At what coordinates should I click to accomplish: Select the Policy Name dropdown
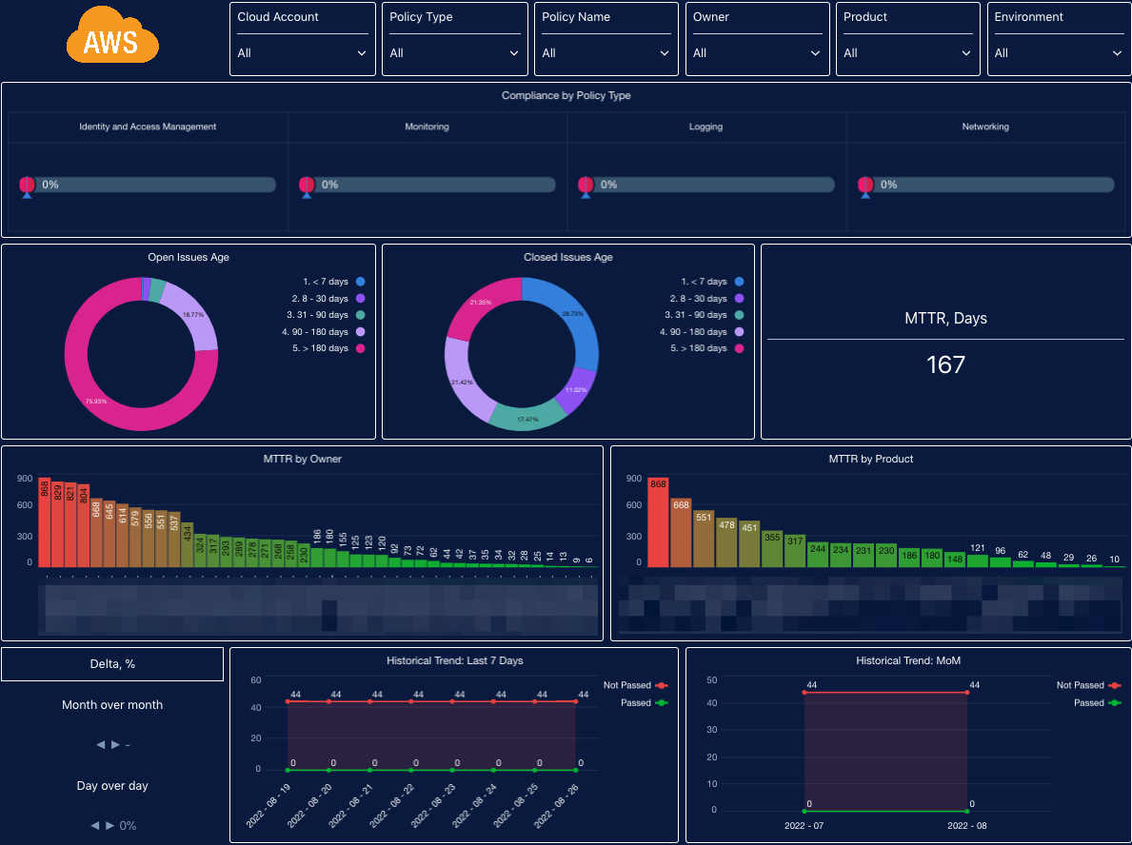pyautogui.click(x=606, y=53)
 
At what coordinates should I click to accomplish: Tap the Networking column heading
pyautogui.click(x=985, y=127)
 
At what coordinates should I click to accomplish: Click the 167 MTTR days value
pyautogui.click(x=945, y=364)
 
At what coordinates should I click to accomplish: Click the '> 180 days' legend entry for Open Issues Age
pyautogui.click(x=324, y=349)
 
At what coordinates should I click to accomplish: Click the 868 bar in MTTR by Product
pyautogui.click(x=658, y=522)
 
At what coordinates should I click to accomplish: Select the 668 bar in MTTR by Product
pyautogui.click(x=681, y=533)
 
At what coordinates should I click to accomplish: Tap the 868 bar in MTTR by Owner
pyautogui.click(x=45, y=522)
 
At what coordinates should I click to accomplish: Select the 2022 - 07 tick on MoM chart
pyautogui.click(x=804, y=825)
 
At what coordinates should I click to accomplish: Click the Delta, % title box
pyautogui.click(x=112, y=664)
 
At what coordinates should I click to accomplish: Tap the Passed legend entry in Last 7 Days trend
pyautogui.click(x=635, y=703)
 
